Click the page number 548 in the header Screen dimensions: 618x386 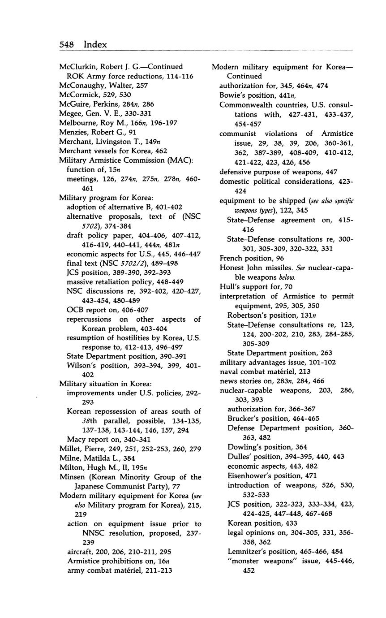pyautogui.click(x=68, y=44)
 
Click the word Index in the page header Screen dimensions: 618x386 pyautogui.click(x=95, y=44)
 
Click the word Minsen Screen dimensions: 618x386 pyautogui.click(x=72, y=477)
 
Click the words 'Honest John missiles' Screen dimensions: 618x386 pyautogui.click(x=254, y=268)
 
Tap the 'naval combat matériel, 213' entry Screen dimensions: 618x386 pyautogui.click(x=265, y=372)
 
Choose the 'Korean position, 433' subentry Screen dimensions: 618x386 pyautogui.click(x=262, y=523)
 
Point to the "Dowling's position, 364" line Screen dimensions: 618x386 pyautogui.click(x=266, y=447)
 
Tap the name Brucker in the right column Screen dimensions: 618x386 pyautogui.click(x=243, y=419)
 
